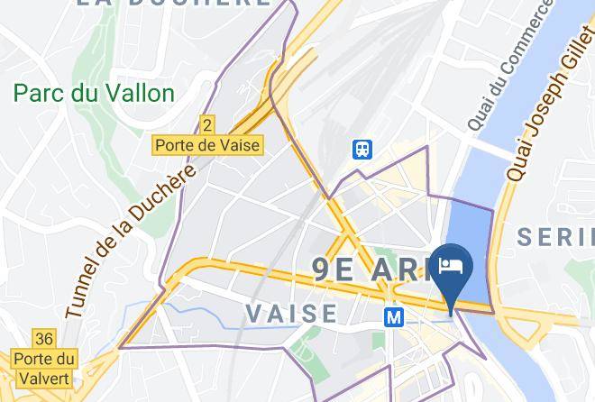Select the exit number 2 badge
pyautogui.click(x=208, y=123)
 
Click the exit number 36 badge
pyautogui.click(x=43, y=339)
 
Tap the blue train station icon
pyautogui.click(x=363, y=148)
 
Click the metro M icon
pyautogui.click(x=393, y=317)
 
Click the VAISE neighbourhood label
pyautogui.click(x=291, y=313)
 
